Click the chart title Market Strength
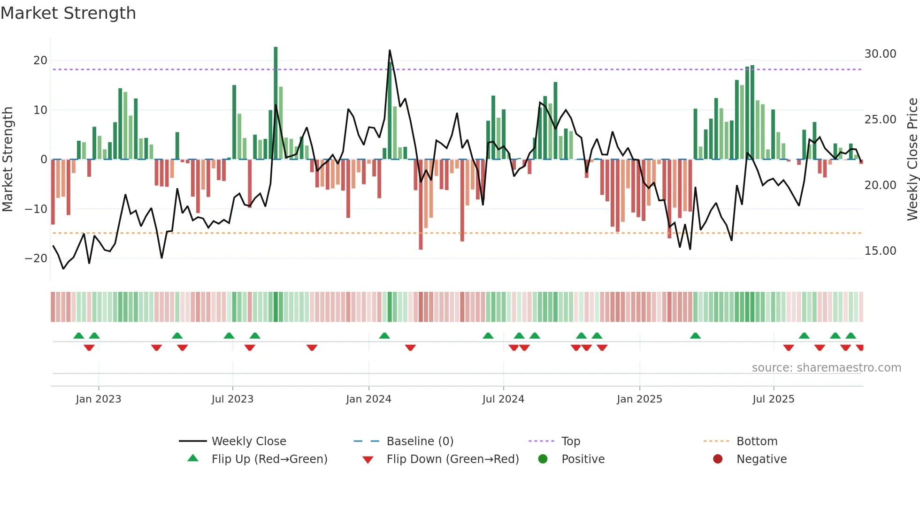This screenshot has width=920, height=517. pos(68,13)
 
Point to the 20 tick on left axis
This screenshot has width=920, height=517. pos(40,61)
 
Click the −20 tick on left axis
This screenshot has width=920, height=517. pos(36,258)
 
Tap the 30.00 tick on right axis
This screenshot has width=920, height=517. pos(880,54)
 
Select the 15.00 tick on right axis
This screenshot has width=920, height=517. pos(880,251)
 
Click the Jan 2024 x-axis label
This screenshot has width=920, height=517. pos(368,399)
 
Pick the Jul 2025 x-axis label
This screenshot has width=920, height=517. pos(773,399)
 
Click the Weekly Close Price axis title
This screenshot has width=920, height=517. pos(912,160)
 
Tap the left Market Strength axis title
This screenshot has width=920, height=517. pos(8,160)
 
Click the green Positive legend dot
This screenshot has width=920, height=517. pos(543,459)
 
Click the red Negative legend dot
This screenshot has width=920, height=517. pos(718,459)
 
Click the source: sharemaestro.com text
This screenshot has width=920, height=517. pos(826,368)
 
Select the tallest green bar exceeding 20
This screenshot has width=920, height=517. pos(276,103)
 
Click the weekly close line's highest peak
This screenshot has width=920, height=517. pos(390,51)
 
